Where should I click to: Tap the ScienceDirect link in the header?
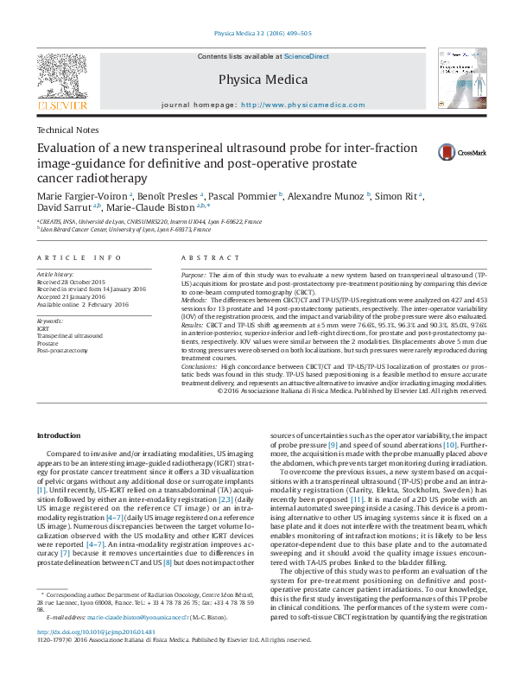point(308,56)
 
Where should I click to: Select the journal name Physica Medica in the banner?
point(263,80)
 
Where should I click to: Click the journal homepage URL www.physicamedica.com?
point(302,105)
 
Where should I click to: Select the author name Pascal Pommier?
point(244,197)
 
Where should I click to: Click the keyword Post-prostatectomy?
point(62,352)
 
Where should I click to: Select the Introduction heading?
point(60,435)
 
